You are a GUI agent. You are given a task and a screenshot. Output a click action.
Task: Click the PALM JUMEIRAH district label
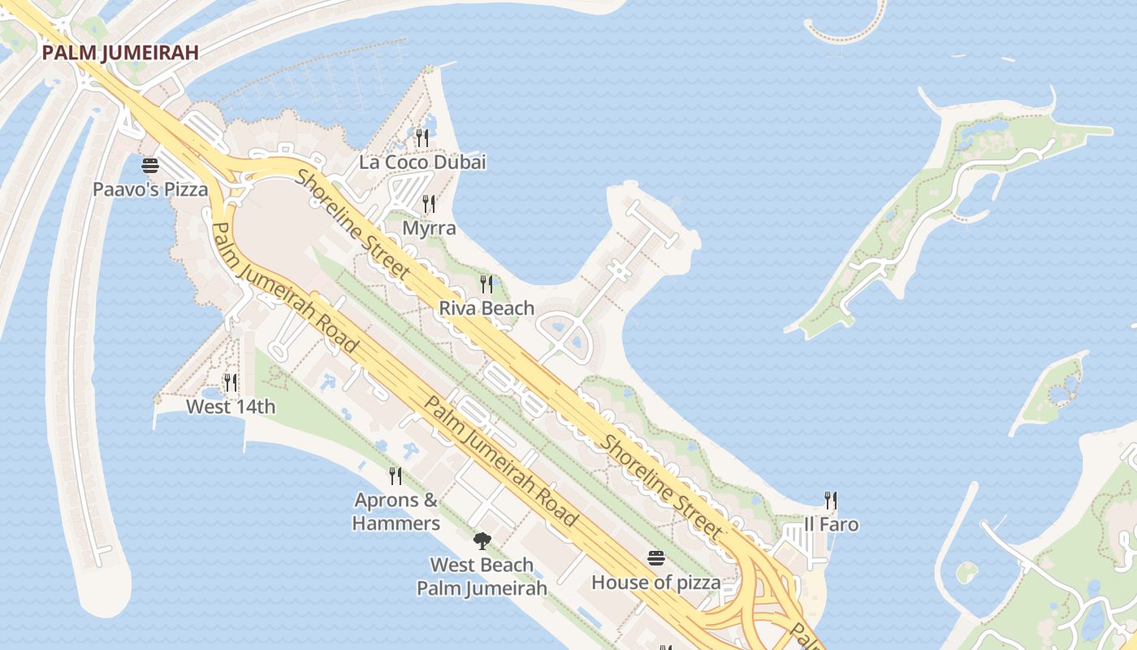(x=120, y=53)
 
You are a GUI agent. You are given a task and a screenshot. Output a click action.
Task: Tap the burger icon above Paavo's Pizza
(x=150, y=166)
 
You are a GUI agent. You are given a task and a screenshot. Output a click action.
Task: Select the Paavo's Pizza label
(x=150, y=189)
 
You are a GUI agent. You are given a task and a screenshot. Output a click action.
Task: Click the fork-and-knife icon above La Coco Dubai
(x=422, y=138)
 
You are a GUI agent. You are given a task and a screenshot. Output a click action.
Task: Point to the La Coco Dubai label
(x=422, y=162)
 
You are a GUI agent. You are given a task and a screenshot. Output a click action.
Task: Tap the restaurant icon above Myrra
(x=429, y=204)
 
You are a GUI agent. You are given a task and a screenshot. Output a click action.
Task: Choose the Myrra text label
(x=429, y=228)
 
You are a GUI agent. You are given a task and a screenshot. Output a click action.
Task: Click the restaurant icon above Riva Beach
(x=486, y=284)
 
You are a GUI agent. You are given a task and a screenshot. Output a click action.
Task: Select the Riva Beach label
(x=486, y=308)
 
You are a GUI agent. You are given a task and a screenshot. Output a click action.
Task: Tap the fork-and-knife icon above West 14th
(x=231, y=382)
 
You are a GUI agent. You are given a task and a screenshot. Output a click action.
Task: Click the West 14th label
(x=231, y=406)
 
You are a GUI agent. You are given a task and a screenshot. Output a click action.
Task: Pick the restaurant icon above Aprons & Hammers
(x=396, y=475)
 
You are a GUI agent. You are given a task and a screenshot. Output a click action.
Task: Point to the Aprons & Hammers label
(x=396, y=511)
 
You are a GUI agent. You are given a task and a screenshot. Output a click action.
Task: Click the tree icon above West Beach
(x=482, y=540)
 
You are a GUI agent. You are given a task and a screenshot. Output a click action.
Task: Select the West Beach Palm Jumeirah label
(x=482, y=576)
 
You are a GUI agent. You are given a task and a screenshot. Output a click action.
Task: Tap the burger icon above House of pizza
(x=656, y=558)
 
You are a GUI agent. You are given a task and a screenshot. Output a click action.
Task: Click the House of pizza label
(x=655, y=583)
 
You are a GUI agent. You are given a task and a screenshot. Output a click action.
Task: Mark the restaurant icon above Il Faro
(x=830, y=500)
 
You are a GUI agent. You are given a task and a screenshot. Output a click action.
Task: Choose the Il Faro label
(x=830, y=524)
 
